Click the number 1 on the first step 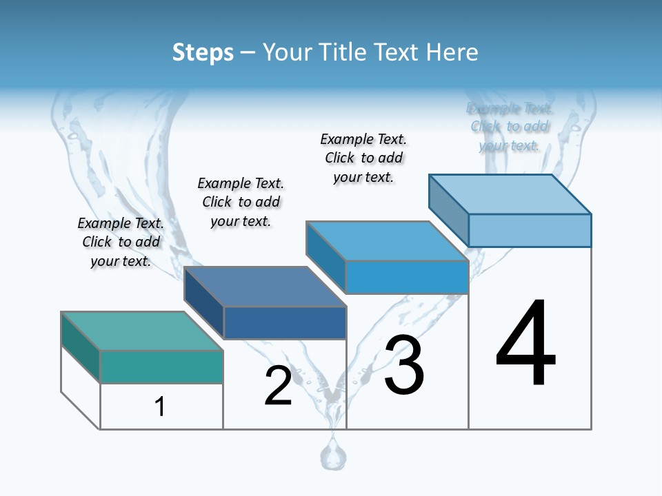160,407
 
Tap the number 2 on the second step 278,386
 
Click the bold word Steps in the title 203,52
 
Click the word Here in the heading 452,52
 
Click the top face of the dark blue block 265,286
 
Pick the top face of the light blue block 510,194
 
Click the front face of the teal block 161,366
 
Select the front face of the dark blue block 284,322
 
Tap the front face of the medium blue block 407,278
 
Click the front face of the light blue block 530,230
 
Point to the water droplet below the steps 333,456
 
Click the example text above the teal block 121,242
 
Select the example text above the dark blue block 241,202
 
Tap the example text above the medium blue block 363,158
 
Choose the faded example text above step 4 510,127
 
